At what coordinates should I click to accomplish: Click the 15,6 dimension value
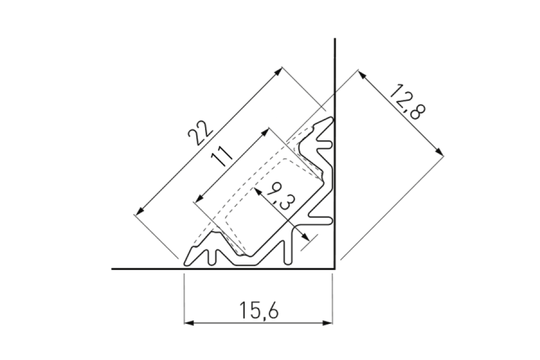point(259,310)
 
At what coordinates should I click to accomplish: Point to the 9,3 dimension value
point(278,196)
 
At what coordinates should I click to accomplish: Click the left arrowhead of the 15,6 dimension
point(188,323)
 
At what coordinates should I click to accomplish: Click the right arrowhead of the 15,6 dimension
point(328,323)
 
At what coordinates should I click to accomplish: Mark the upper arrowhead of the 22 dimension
point(278,70)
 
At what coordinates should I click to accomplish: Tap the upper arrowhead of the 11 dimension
point(265,131)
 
